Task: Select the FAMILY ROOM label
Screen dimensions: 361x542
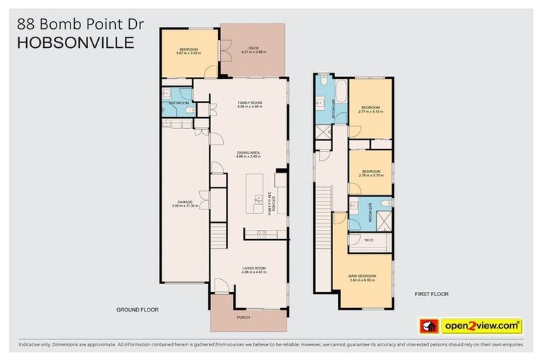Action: (249, 103)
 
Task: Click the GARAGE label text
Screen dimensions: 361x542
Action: (184, 202)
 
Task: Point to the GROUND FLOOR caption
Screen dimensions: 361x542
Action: (137, 310)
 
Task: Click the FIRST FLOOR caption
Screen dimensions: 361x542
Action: (430, 294)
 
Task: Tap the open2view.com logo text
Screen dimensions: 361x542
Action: (481, 326)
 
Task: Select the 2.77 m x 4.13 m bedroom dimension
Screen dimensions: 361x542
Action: (370, 111)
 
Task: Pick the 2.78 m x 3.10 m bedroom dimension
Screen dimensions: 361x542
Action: (371, 176)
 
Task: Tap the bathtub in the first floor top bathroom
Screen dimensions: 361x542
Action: (341, 92)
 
